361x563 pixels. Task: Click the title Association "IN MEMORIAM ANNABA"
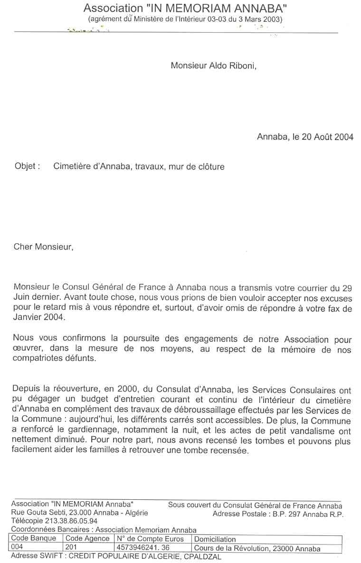185,8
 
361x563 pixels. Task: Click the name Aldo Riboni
232,66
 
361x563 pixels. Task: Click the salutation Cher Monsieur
44,247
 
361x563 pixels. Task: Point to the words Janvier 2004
38,318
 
